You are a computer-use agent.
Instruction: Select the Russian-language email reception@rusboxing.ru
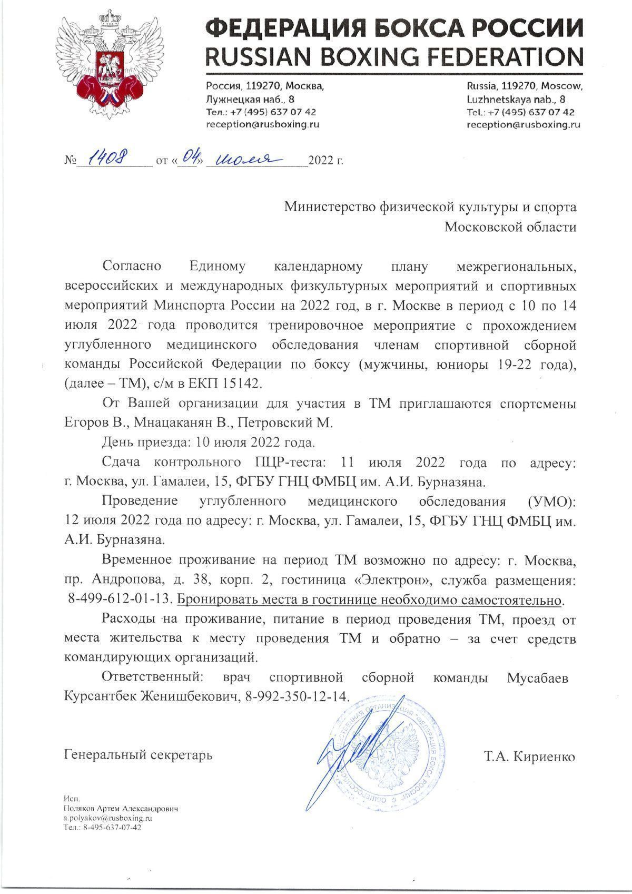(262, 125)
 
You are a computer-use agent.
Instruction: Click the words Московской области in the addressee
(510, 228)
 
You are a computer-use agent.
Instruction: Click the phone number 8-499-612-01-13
(120, 600)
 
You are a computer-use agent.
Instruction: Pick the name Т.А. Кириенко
(529, 757)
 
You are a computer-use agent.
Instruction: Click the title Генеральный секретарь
(138, 755)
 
